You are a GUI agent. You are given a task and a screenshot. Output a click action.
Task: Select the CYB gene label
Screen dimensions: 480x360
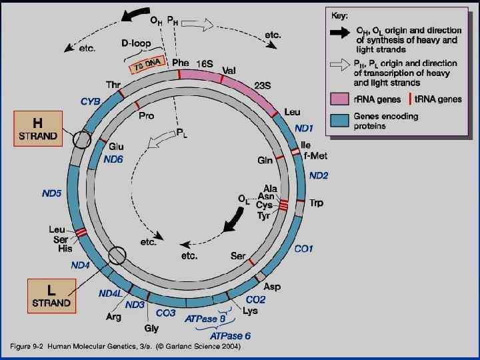click(91, 102)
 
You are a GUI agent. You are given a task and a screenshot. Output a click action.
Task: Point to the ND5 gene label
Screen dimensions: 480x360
click(51, 193)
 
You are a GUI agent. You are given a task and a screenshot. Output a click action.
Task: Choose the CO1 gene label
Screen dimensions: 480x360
click(304, 249)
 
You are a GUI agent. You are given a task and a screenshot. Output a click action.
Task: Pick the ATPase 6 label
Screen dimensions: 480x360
click(233, 335)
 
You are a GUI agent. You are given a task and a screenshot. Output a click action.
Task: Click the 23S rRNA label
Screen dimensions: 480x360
click(263, 85)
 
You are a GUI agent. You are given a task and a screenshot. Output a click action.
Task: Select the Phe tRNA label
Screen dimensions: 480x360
click(180, 63)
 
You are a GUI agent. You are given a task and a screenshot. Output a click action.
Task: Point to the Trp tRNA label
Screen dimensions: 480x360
click(316, 203)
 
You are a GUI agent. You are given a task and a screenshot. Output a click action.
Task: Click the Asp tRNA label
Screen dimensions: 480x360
click(272, 287)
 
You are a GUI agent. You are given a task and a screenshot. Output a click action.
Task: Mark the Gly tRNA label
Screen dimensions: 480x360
click(151, 329)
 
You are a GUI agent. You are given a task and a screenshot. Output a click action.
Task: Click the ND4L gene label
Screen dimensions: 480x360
click(109, 293)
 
